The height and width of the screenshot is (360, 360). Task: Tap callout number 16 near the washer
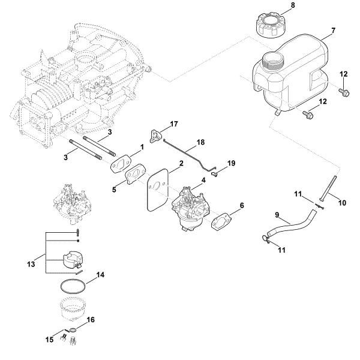click(91, 321)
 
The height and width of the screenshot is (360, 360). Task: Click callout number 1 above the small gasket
click(142, 147)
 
